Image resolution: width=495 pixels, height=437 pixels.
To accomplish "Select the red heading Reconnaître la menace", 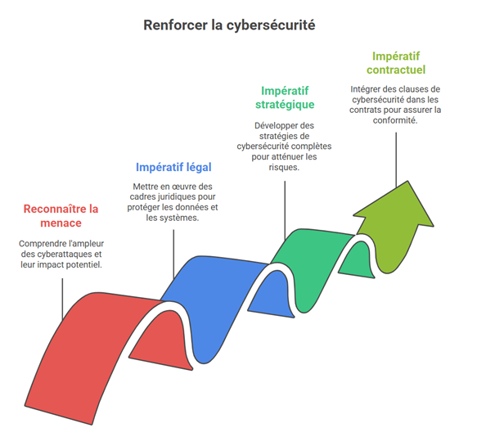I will [x=61, y=215].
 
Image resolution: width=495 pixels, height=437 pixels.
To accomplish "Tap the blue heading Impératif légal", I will [x=173, y=167].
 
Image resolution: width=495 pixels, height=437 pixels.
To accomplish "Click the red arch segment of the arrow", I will [x=90, y=344].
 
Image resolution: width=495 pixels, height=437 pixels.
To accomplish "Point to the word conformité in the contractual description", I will [x=396, y=119].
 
